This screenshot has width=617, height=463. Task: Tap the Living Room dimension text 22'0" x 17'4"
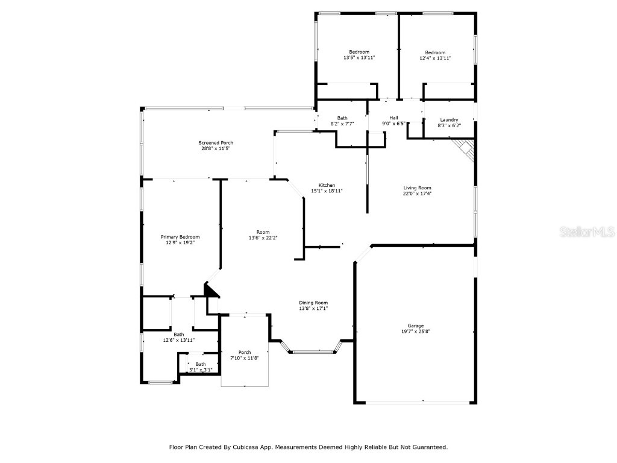point(417,194)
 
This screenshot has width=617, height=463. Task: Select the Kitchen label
point(327,185)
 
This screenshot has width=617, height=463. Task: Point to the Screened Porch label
point(216,143)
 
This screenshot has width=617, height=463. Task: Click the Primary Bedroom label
point(180,237)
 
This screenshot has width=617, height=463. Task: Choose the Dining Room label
point(313,303)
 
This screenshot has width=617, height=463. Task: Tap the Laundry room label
point(449,119)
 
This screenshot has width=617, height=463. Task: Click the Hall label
point(393,118)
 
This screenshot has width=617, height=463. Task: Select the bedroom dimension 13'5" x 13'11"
point(359,58)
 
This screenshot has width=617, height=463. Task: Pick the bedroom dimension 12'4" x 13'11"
point(435,58)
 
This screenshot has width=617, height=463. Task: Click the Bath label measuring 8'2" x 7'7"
point(342,118)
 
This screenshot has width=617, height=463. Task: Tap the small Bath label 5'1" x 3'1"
point(200,364)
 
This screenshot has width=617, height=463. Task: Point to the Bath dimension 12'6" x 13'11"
point(178,340)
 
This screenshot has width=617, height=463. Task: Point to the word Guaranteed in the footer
point(425,447)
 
